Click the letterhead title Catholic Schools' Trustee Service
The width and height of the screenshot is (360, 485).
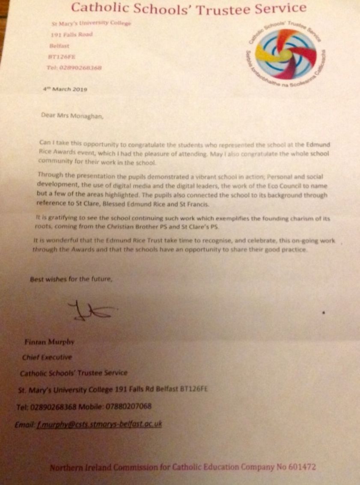point(188,8)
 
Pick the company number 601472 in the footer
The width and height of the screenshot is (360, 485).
point(301,467)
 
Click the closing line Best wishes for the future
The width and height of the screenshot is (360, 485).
point(71,280)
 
